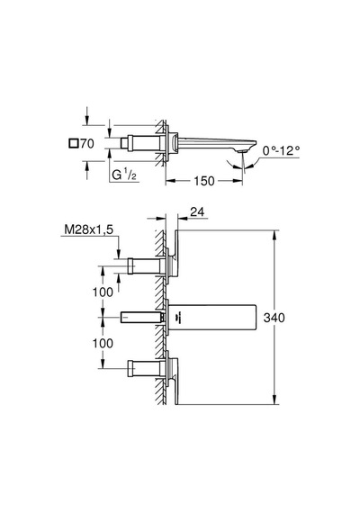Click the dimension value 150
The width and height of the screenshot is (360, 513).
pyautogui.click(x=204, y=181)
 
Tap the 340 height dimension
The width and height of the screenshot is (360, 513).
pyautogui.click(x=274, y=318)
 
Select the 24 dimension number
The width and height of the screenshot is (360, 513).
pyautogui.click(x=197, y=212)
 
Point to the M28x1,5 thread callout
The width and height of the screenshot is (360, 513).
pyautogui.click(x=89, y=229)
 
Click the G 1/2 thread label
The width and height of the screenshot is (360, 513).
pyautogui.click(x=124, y=175)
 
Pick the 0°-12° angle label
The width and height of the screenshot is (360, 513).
pyautogui.click(x=281, y=150)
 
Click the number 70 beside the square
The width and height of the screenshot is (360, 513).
pyautogui.click(x=87, y=143)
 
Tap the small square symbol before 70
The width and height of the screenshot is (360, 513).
pyautogui.click(x=74, y=143)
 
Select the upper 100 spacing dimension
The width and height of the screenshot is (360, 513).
pyautogui.click(x=103, y=292)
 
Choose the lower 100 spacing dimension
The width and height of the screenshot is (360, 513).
pyautogui.click(x=103, y=343)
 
